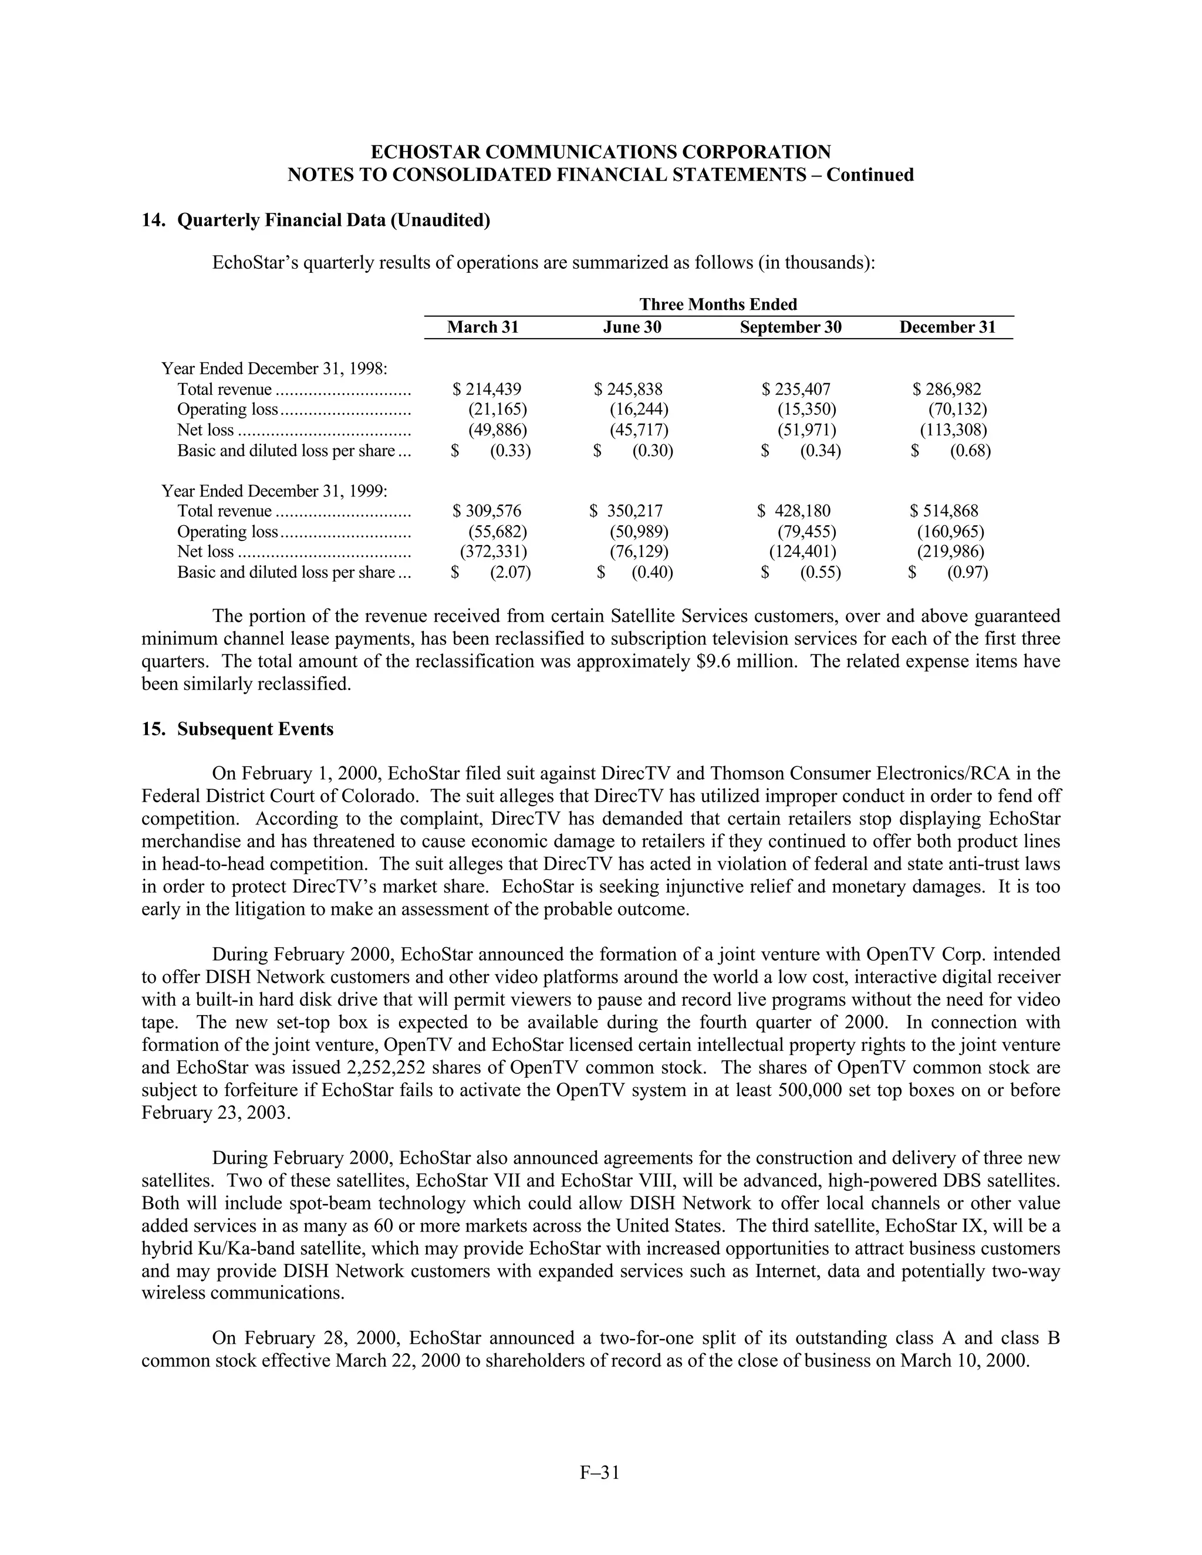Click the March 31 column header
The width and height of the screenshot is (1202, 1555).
pos(483,327)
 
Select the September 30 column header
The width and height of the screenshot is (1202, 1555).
pos(790,327)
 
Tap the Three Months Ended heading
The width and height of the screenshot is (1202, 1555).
pos(718,305)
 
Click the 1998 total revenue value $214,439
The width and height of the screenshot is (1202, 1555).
pos(487,390)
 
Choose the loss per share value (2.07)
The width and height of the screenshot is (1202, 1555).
pos(510,573)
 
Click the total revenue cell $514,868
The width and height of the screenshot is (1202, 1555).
pos(944,511)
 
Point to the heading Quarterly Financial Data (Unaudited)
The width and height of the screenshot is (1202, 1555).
pos(333,221)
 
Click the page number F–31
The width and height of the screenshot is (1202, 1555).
pos(600,1472)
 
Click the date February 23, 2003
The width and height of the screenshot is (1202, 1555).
pos(216,1113)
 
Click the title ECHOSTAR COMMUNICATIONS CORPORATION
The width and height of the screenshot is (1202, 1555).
pos(600,153)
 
